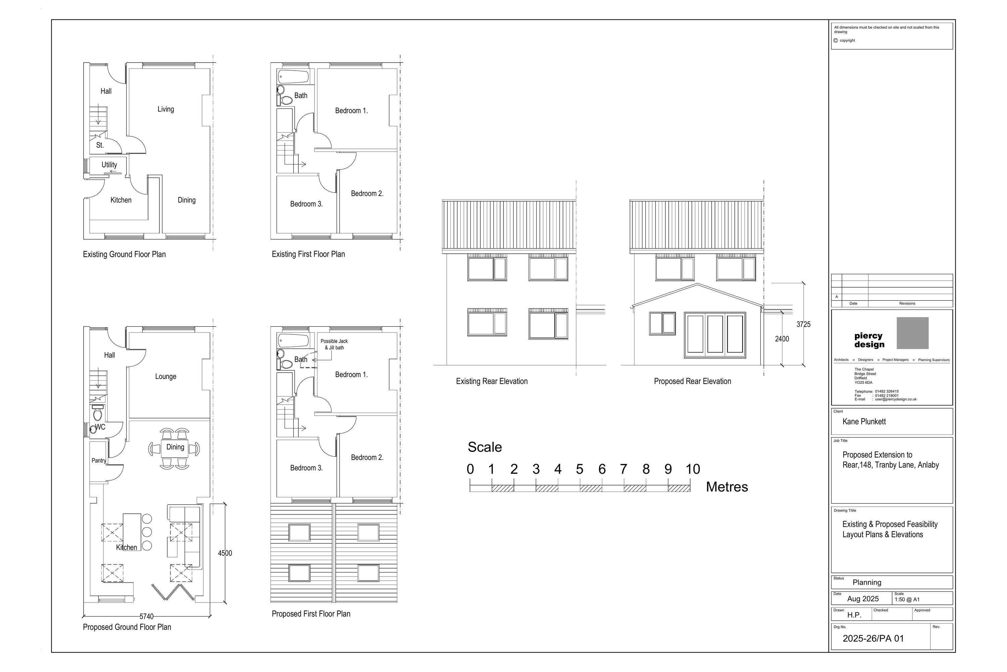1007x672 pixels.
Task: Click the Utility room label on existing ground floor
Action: point(109,165)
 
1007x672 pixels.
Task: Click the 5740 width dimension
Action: point(146,616)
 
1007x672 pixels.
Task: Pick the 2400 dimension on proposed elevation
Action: point(782,339)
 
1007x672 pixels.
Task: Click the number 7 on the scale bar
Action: point(623,469)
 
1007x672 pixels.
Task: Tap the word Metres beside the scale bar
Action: point(727,487)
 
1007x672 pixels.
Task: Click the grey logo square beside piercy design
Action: point(912,333)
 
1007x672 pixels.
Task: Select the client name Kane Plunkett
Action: point(864,421)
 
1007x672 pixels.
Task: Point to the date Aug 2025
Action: point(863,599)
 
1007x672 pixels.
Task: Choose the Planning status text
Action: point(867,582)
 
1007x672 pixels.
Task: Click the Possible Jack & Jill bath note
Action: point(334,344)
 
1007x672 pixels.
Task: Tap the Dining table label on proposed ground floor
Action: point(175,447)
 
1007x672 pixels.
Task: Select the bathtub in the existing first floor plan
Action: point(293,77)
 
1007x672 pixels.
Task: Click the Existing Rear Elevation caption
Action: point(491,381)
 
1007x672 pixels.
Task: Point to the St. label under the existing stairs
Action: point(100,145)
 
